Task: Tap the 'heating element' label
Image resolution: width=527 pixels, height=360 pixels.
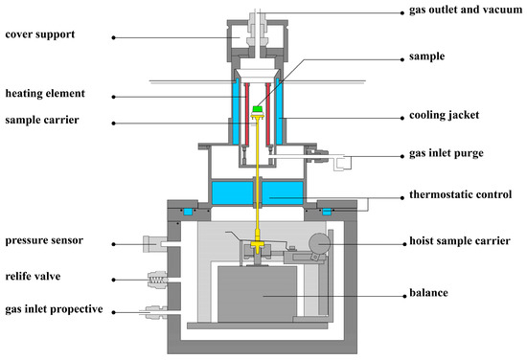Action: (45, 95)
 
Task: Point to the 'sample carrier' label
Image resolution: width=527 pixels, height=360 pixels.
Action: (41, 122)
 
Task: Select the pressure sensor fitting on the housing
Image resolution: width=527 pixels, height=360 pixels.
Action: (153, 245)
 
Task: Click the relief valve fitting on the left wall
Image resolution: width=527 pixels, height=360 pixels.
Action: (156, 280)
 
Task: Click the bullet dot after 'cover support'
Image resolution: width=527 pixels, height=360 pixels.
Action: (113, 37)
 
